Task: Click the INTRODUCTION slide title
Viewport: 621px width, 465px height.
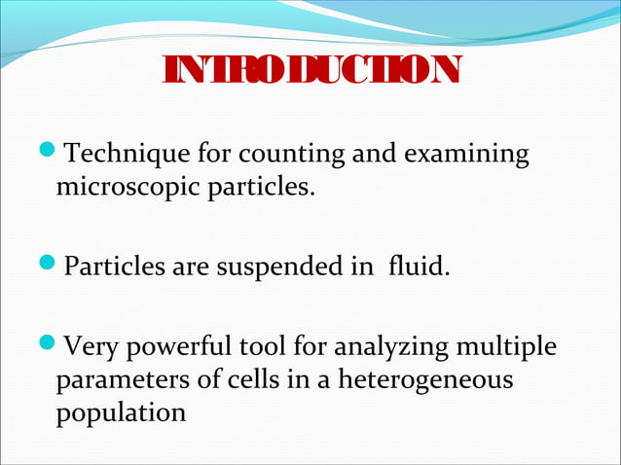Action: coord(310,70)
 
